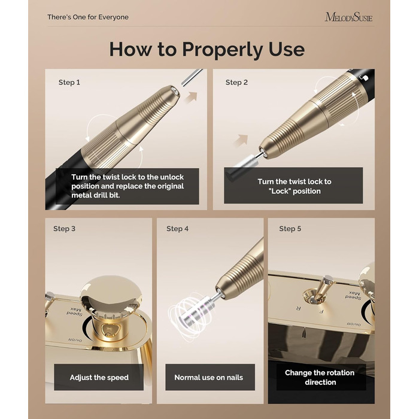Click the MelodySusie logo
point(348,17)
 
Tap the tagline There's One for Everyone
point(88,17)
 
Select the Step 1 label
point(69,83)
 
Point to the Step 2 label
point(236,83)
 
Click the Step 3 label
point(65,229)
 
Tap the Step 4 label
point(177,229)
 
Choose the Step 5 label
point(290,229)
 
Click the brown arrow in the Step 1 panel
point(191,98)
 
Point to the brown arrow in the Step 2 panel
point(241,140)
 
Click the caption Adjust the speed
point(99,378)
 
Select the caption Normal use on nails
point(209,378)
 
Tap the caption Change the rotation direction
point(320,377)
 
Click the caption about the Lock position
point(294,186)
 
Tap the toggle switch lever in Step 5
point(322,289)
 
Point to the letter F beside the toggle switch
point(321,312)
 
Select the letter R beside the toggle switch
point(299,308)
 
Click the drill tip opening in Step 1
point(175,91)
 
